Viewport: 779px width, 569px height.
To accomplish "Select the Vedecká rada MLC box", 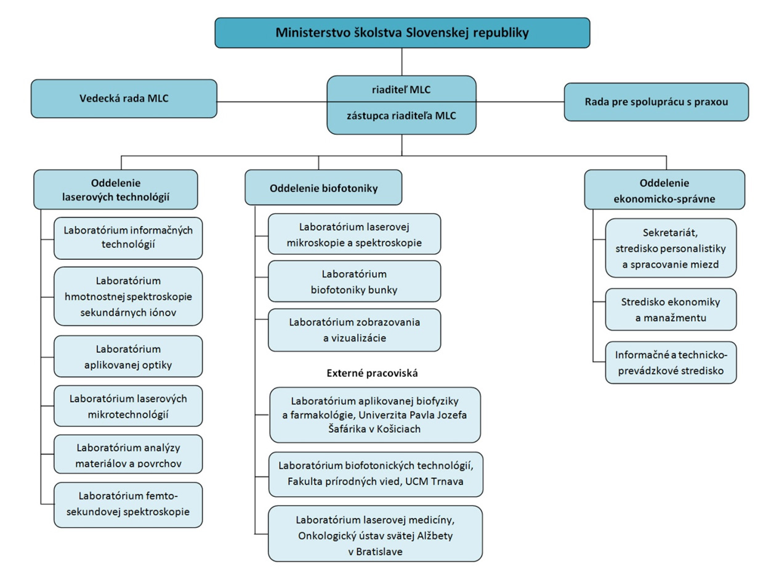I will (x=124, y=99).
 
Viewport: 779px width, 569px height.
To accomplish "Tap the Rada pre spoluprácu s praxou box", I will (x=656, y=102).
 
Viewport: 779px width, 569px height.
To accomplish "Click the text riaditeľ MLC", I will (x=401, y=90).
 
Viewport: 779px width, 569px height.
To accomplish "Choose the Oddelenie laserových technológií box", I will (x=116, y=190).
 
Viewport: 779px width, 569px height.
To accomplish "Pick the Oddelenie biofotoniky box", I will (x=323, y=188).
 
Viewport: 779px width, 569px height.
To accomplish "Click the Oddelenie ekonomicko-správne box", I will (x=664, y=190).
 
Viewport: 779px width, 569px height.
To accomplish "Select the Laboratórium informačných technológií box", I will (x=128, y=238).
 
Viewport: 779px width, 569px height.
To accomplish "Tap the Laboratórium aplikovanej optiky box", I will (x=128, y=357).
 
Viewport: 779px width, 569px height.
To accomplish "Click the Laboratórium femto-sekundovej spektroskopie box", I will (x=128, y=504).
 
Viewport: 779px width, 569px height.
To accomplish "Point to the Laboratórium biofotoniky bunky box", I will (x=354, y=281).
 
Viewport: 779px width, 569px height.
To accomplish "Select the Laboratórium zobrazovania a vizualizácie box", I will (x=354, y=329).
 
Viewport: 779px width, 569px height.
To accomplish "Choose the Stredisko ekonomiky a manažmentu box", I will (x=671, y=309).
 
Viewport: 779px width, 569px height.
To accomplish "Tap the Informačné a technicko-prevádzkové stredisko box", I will (x=671, y=362).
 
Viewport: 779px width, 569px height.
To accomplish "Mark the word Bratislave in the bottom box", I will (x=375, y=552).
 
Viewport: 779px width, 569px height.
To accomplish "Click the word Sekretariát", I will (x=671, y=234).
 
